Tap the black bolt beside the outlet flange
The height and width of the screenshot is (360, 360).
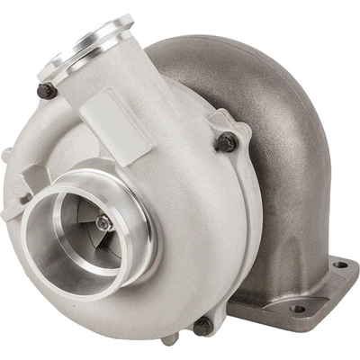point(47,90)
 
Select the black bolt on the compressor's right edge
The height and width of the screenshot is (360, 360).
point(229,141)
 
